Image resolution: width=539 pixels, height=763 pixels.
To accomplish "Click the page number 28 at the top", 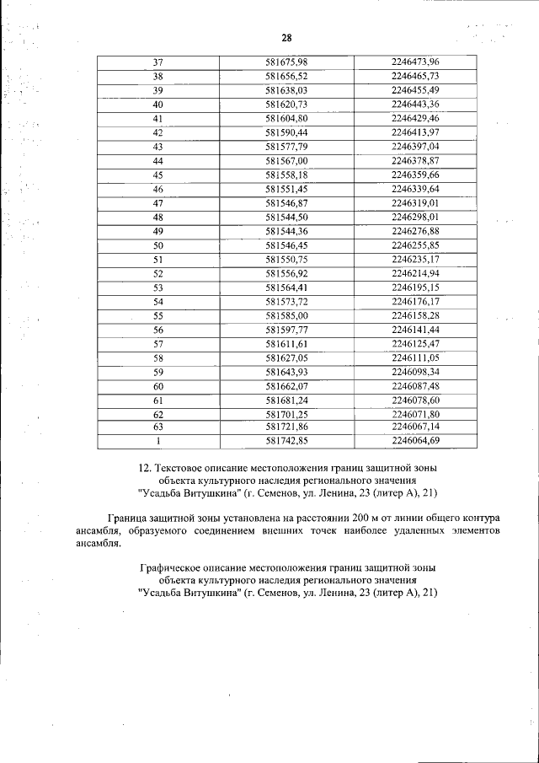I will [x=286, y=39].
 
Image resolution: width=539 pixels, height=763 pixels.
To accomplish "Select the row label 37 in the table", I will [x=157, y=62].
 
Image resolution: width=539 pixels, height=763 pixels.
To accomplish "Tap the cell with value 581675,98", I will [x=286, y=62].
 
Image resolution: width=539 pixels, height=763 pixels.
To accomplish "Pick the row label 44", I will [x=157, y=160].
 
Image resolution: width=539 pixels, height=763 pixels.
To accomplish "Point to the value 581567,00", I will [x=286, y=160].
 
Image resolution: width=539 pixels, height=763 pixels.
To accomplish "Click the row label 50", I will [x=157, y=245].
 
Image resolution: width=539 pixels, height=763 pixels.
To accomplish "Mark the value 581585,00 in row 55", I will [x=286, y=315].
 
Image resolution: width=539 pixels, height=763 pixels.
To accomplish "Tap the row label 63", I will [x=157, y=427].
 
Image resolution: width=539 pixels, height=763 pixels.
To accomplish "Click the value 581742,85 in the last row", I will [x=286, y=440].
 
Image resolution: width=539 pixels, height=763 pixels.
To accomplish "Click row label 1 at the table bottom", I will [x=157, y=440].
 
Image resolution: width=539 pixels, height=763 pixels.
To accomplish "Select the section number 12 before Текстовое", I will [x=143, y=466].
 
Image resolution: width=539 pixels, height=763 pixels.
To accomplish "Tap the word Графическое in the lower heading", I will [x=172, y=568].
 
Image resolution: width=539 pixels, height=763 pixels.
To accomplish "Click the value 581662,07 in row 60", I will [x=286, y=386].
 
